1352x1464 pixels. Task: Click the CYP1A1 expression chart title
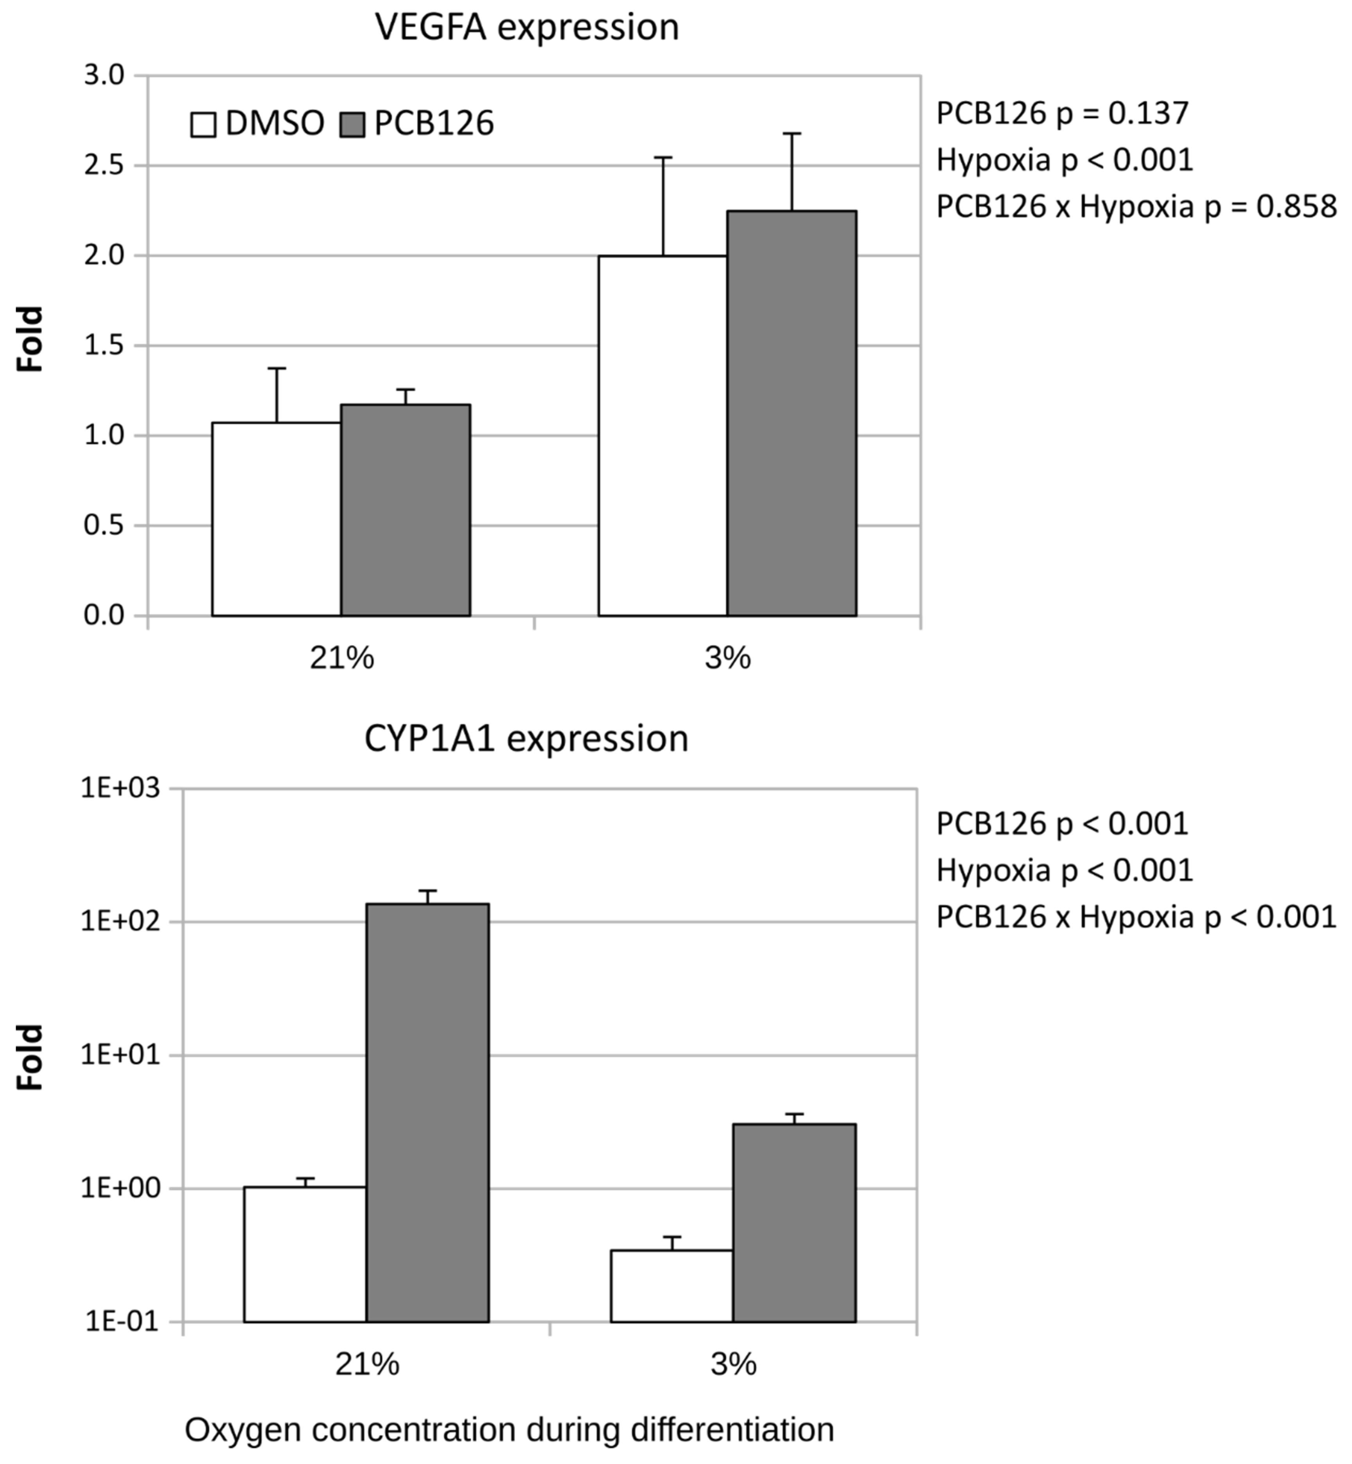[527, 739]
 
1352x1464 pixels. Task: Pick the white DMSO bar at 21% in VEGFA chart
[277, 519]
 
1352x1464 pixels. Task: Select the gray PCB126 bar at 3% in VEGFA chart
[792, 413]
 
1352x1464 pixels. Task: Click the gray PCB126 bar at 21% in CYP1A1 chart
[427, 1112]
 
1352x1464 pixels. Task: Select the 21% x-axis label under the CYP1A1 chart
[367, 1365]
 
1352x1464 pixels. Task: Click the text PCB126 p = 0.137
[1062, 113]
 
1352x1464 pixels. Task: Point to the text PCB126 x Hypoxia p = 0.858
[1136, 207]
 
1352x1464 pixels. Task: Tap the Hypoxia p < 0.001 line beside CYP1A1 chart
[1065, 870]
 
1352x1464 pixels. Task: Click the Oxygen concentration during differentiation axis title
[509, 1429]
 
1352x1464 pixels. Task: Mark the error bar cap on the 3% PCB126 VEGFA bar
[792, 134]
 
